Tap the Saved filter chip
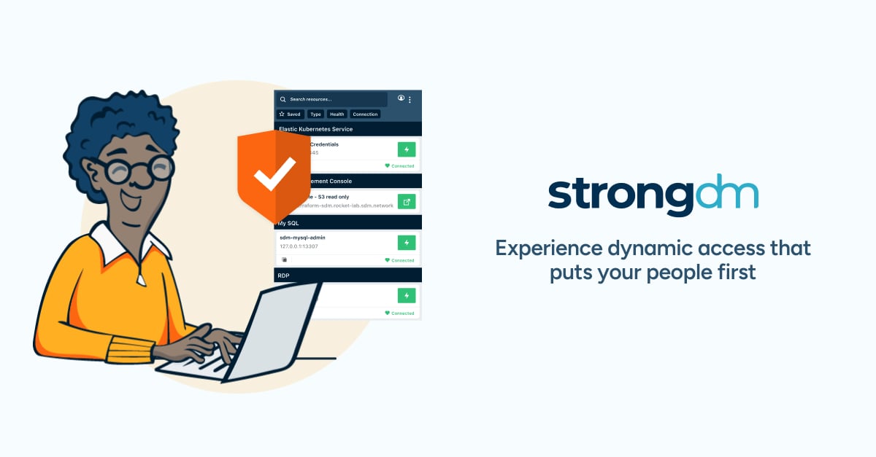click(x=290, y=114)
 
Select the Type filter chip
click(x=315, y=114)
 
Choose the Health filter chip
click(x=337, y=114)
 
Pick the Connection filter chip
click(x=365, y=114)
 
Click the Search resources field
click(x=332, y=99)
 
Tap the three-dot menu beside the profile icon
click(x=410, y=99)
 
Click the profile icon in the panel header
click(x=401, y=98)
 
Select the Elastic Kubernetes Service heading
click(x=315, y=129)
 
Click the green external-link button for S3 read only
click(x=407, y=201)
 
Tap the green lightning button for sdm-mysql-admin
click(x=407, y=242)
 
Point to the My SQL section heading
click(x=288, y=222)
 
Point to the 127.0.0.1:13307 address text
click(x=299, y=246)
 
